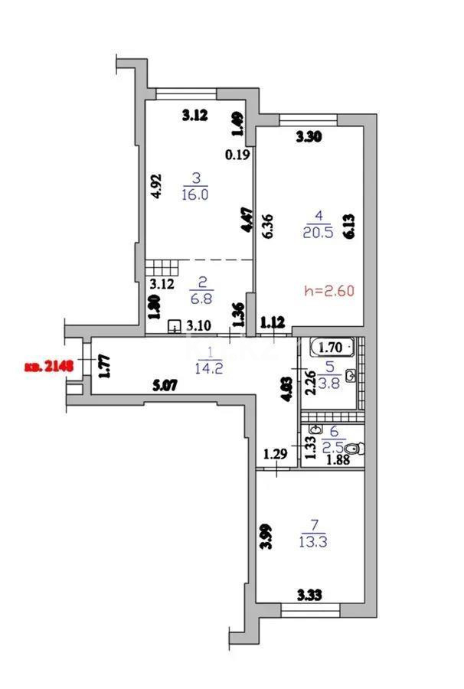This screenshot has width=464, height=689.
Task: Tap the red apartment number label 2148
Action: [x=47, y=366]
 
